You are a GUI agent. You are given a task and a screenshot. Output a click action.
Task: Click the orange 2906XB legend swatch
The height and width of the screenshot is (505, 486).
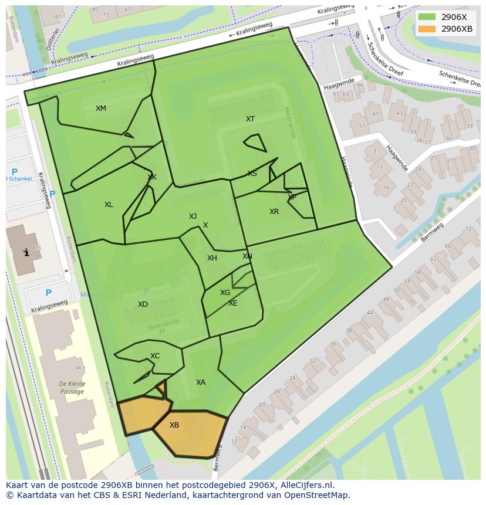[x=428, y=29]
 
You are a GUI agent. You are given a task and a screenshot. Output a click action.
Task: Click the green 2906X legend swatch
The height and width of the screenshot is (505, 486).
[x=428, y=17]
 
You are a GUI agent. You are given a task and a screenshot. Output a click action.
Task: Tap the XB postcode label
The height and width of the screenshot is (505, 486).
[x=174, y=425]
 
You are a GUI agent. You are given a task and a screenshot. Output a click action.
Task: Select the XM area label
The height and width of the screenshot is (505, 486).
[x=101, y=109]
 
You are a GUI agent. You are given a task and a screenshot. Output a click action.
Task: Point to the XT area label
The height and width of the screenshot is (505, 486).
[x=251, y=119]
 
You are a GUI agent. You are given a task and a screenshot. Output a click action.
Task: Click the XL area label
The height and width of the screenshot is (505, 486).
[x=109, y=205]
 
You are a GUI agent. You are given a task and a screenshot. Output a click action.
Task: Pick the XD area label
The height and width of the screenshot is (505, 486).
[x=143, y=304]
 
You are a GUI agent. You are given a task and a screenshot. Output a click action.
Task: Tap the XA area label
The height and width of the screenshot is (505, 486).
[x=201, y=382]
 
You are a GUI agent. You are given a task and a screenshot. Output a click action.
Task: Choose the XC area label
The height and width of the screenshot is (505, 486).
[x=155, y=356]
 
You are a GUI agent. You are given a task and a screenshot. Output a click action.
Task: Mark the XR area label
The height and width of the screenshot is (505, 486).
[x=274, y=212]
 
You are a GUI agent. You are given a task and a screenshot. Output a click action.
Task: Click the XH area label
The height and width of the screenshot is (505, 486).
[x=212, y=258]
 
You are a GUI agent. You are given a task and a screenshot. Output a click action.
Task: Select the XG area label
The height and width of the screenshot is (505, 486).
[x=225, y=293]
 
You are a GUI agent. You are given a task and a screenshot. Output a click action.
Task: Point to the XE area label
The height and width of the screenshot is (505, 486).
[x=233, y=303]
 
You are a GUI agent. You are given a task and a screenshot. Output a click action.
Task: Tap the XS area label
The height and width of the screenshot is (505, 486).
[x=252, y=174]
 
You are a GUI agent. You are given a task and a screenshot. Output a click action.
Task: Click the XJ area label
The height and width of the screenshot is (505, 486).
[x=193, y=216]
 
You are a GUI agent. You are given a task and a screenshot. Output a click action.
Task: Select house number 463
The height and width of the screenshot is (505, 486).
[x=80, y=368]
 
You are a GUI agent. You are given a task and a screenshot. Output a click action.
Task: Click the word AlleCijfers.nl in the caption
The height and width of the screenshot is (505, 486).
[x=305, y=485]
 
